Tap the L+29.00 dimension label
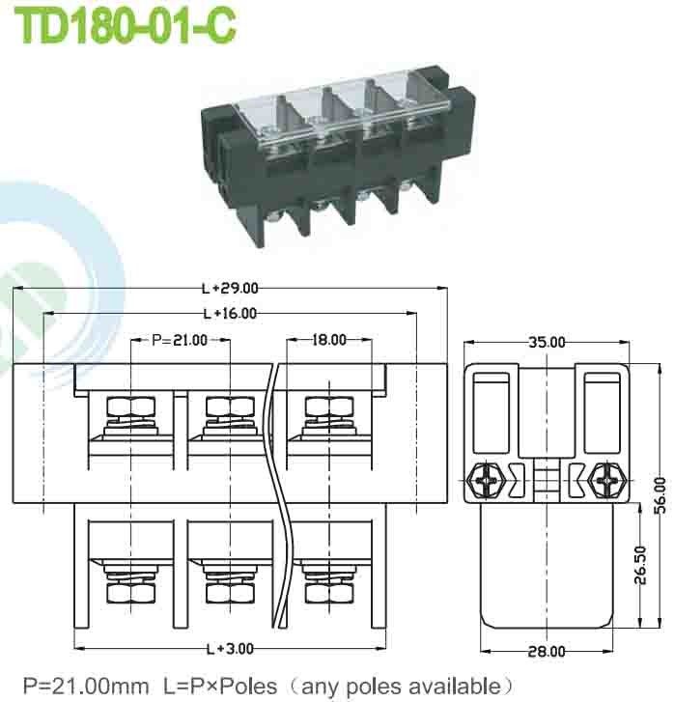tap(230, 288)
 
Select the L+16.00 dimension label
tap(230, 313)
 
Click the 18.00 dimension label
tap(329, 339)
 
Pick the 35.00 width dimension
tap(547, 342)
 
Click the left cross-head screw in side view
tap(485, 477)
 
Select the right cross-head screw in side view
tap(607, 477)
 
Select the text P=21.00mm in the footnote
tap(86, 687)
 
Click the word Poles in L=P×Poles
tap(244, 687)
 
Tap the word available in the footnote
tap(440, 687)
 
